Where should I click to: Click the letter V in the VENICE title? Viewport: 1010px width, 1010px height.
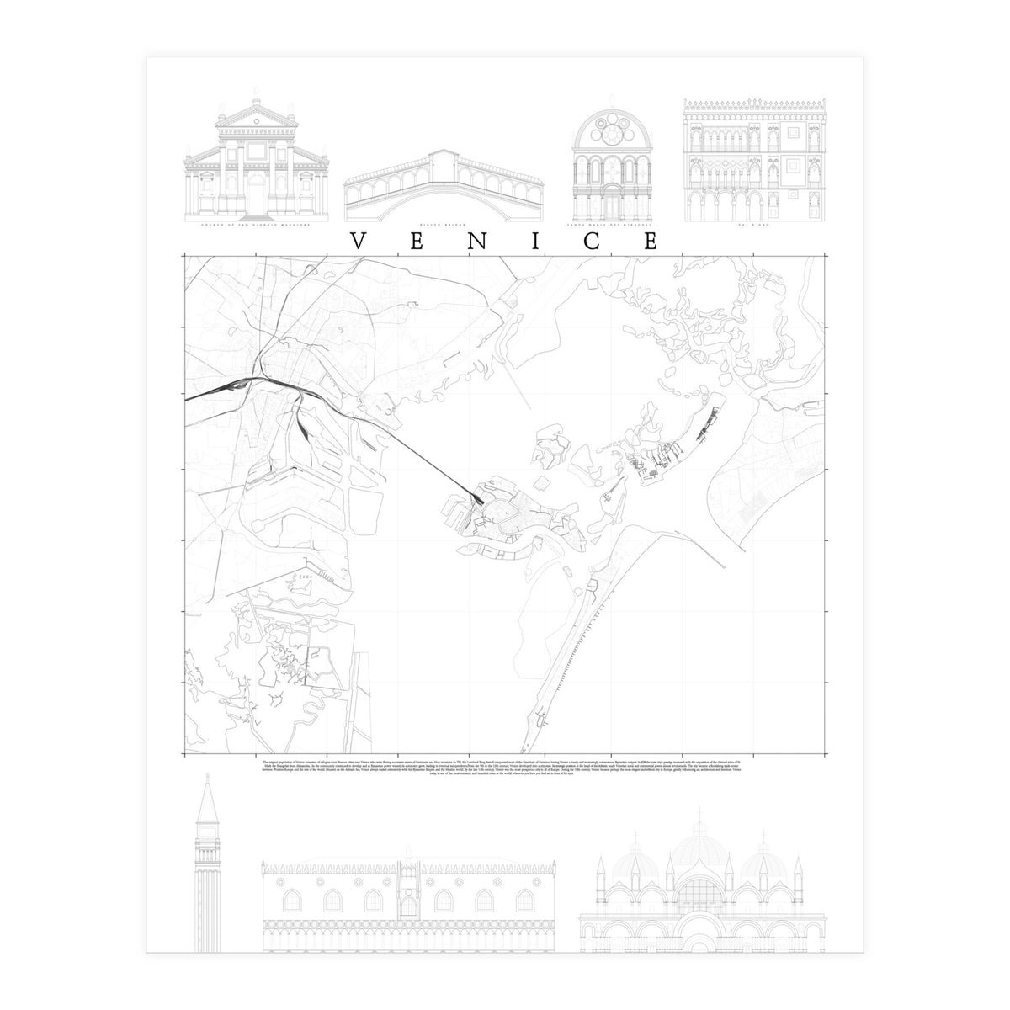(x=357, y=241)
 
